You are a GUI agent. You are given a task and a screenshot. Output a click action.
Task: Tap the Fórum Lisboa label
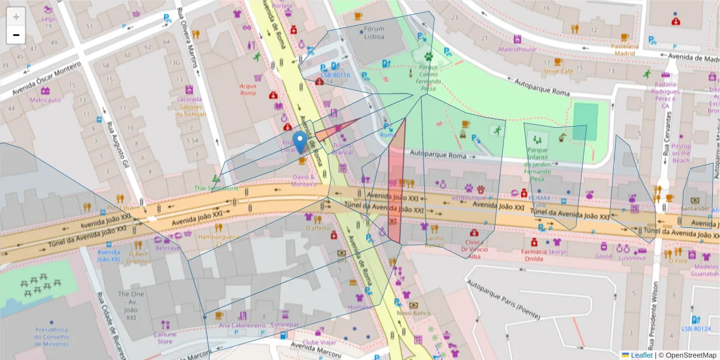374,32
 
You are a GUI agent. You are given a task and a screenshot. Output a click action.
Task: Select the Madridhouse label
517,49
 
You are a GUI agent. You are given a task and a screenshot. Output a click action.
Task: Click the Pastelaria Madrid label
625,49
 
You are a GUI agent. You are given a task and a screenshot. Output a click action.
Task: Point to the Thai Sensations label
216,188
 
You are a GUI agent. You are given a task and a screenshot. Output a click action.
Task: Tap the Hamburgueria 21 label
218,239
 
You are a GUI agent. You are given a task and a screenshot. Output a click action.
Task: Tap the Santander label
695,208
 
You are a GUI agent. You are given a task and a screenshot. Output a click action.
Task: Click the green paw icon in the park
429,56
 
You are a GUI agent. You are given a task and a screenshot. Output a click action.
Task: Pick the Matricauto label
46,100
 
